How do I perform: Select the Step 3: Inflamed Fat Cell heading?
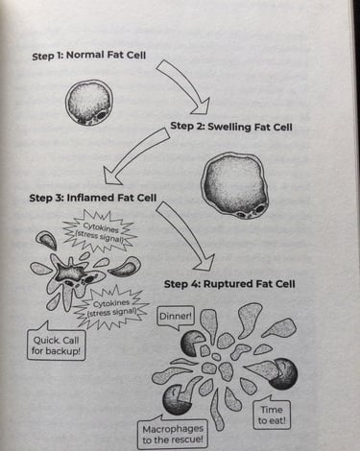(92, 198)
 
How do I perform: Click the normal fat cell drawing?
(88, 103)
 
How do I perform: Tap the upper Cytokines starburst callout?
(99, 233)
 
